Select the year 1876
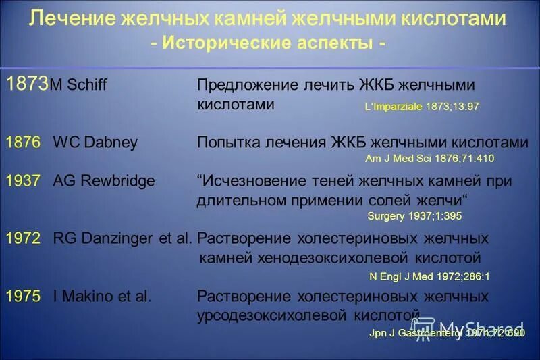point(23,143)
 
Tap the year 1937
point(23,181)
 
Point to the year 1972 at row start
point(23,238)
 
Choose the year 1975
point(23,296)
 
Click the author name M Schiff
point(79,85)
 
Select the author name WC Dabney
point(94,143)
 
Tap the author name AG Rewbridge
point(103,181)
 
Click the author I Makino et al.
point(102,296)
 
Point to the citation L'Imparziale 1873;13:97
point(422,107)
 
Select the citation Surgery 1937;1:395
point(414,216)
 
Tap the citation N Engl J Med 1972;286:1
point(429,276)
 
